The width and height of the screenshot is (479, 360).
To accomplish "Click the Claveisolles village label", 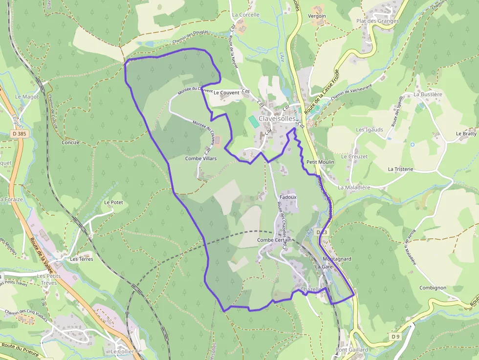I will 277,119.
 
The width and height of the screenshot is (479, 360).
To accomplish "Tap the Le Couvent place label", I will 226,92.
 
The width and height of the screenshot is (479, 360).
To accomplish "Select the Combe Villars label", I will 200,158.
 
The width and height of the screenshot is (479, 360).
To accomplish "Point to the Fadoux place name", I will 288,197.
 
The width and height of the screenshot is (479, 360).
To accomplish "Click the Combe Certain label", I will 274,240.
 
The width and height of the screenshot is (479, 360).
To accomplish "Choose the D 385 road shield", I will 20,133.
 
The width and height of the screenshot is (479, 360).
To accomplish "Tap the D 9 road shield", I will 395,337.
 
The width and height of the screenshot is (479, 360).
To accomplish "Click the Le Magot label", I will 27,97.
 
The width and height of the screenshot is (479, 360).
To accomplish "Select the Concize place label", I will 71,143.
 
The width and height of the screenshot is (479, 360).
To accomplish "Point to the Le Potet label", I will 113,202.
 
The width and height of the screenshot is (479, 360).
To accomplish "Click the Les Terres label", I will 82,258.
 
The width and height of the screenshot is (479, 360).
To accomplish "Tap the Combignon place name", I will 433,288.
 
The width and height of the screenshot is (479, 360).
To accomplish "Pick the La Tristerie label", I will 400,169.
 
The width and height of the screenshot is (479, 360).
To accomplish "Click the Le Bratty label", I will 466,133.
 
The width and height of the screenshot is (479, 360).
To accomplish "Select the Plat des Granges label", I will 377,21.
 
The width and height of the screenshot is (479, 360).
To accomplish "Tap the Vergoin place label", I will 317,16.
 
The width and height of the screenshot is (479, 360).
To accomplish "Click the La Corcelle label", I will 246,15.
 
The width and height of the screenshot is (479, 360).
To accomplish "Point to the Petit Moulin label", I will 320,162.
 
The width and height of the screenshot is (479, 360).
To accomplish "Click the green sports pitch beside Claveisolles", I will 253,122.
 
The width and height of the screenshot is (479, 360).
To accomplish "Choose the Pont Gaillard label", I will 352,350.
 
